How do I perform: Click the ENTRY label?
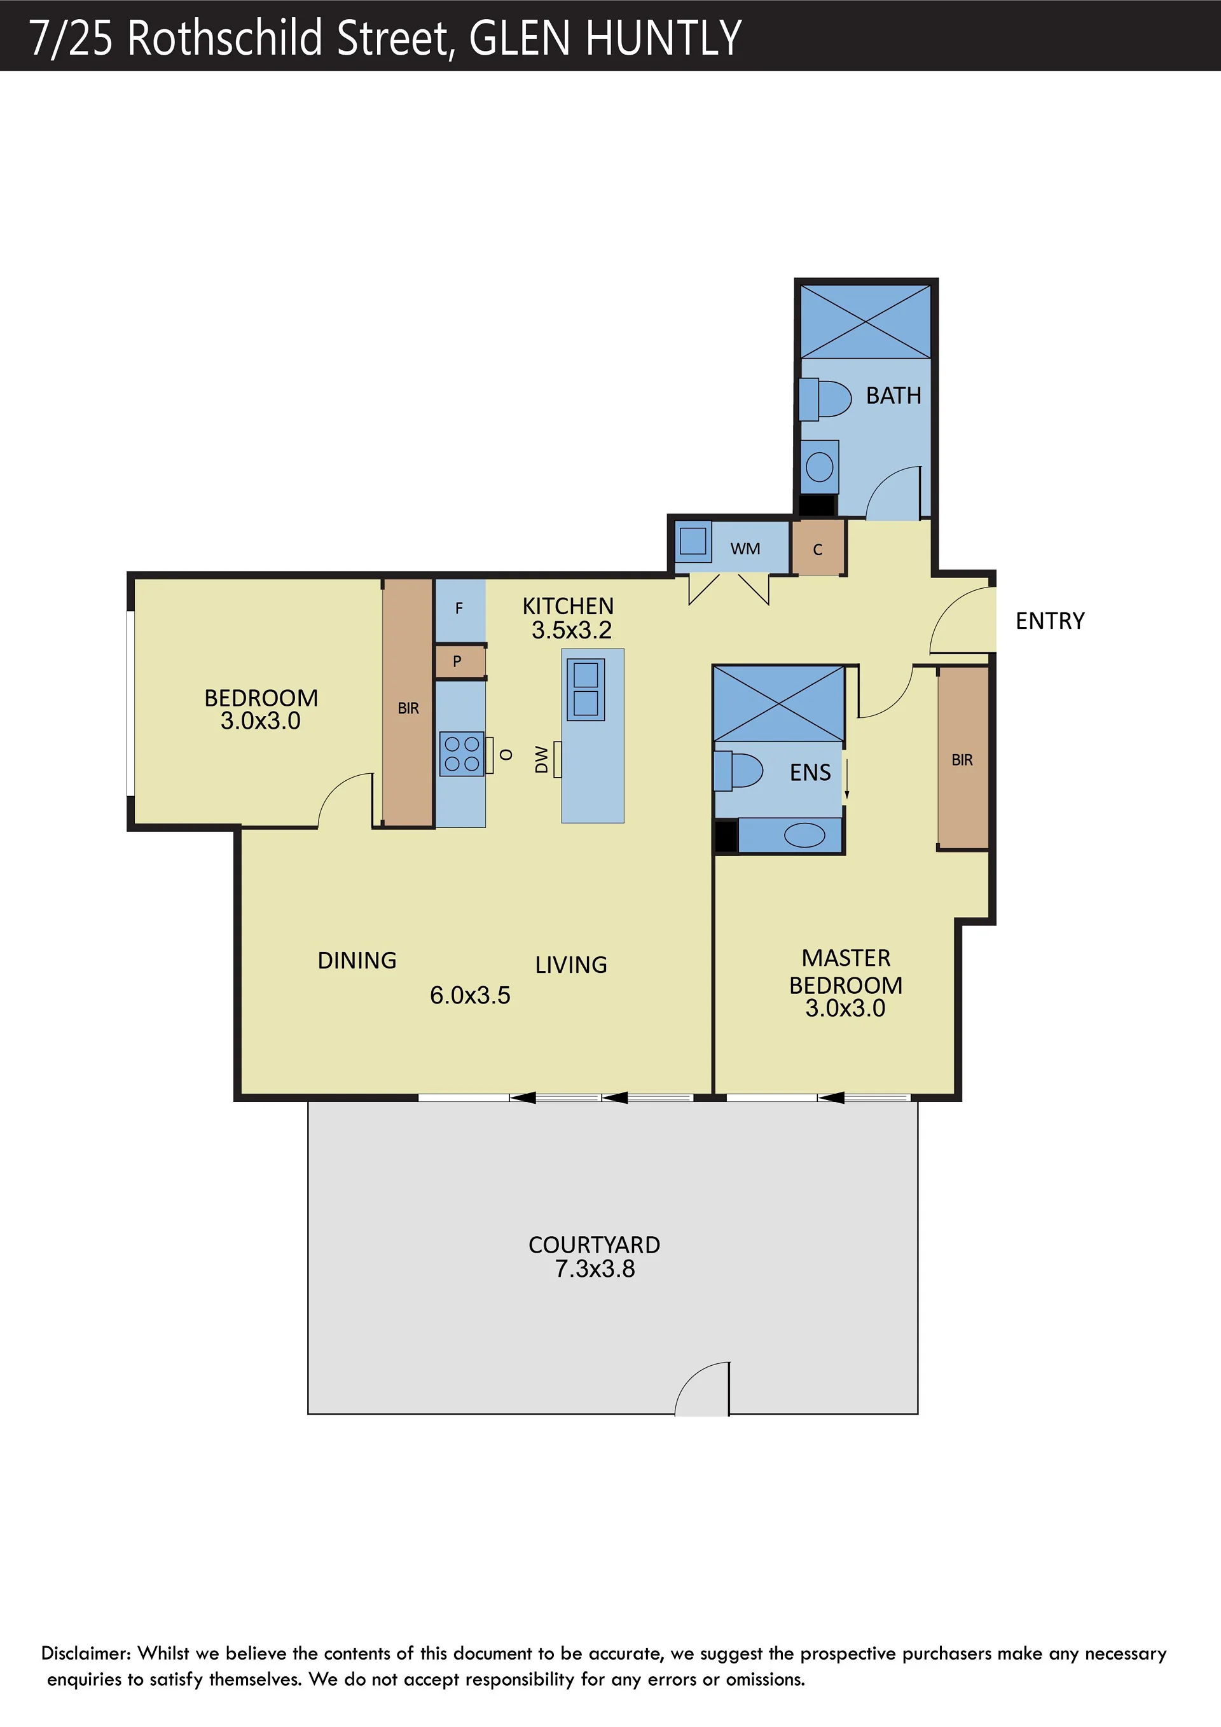(x=1050, y=621)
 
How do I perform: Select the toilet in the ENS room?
(x=738, y=771)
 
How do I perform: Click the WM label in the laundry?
(x=745, y=549)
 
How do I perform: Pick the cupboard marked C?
(x=818, y=548)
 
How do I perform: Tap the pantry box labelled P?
(x=459, y=662)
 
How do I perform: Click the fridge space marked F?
(x=460, y=610)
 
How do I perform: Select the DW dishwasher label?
(x=542, y=759)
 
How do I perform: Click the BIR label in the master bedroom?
(x=962, y=760)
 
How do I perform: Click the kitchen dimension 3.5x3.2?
(x=572, y=630)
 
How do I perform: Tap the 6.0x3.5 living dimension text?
(x=470, y=995)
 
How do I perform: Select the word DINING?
(x=357, y=961)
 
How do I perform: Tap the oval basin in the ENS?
(x=804, y=835)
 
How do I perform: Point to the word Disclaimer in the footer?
(x=86, y=1653)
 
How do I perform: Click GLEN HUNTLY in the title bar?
(x=605, y=38)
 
